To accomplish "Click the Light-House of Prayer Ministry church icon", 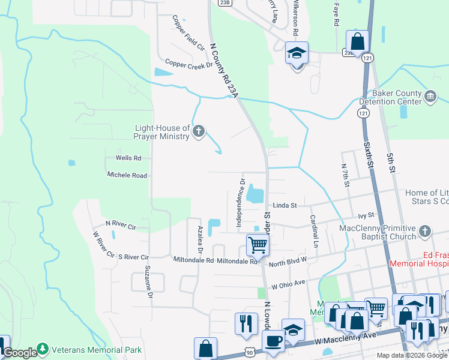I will (199, 131).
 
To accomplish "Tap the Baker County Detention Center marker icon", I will (430, 97).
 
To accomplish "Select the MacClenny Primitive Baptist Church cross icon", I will (425, 232).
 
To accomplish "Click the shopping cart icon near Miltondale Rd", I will (258, 244).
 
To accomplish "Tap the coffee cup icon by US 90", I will (274, 341).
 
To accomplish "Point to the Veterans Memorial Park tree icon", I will (43, 349).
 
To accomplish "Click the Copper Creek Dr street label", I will (189, 64).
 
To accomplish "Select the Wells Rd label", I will (128, 158).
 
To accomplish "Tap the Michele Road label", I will (127, 175).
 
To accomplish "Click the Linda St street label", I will (285, 205).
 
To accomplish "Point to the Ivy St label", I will (366, 215).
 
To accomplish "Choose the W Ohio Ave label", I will (289, 282).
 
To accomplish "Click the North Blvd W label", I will (288, 260).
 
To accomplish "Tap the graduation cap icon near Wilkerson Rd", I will (297, 53).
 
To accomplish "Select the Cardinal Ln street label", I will (313, 232).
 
